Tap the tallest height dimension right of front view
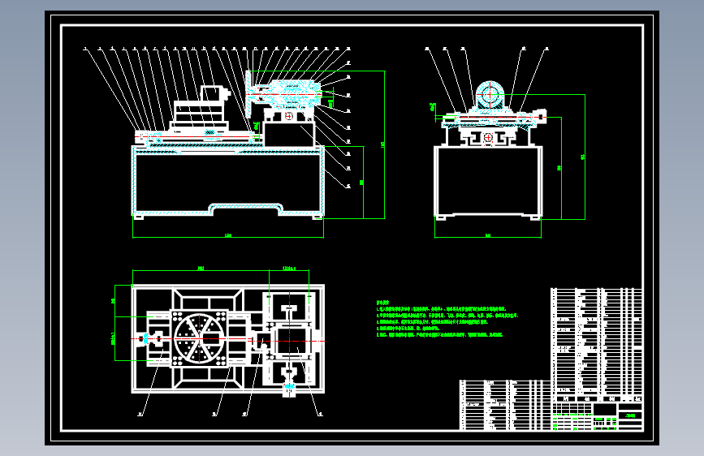coord(382,146)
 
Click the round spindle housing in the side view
coord(490,95)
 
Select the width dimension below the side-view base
coord(487,235)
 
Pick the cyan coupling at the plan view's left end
coord(145,338)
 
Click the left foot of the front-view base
coord(140,217)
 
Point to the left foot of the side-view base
coord(441,217)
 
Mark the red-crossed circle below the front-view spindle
coord(289,116)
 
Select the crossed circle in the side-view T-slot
coord(487,139)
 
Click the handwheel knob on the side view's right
coord(542,118)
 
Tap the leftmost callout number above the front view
coord(85,49)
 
